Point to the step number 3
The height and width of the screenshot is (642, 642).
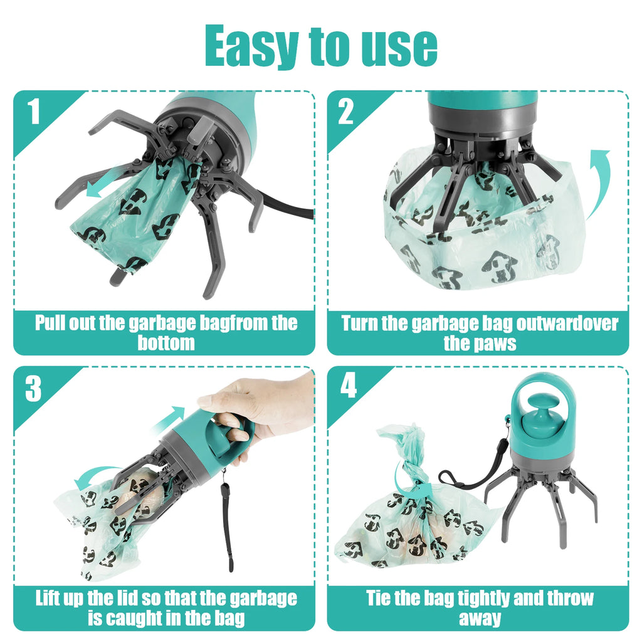click(33, 389)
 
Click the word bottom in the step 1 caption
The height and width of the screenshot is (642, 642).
click(166, 344)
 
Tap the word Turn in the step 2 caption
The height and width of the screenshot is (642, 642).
click(360, 324)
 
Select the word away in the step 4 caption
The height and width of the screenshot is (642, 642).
click(479, 618)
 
